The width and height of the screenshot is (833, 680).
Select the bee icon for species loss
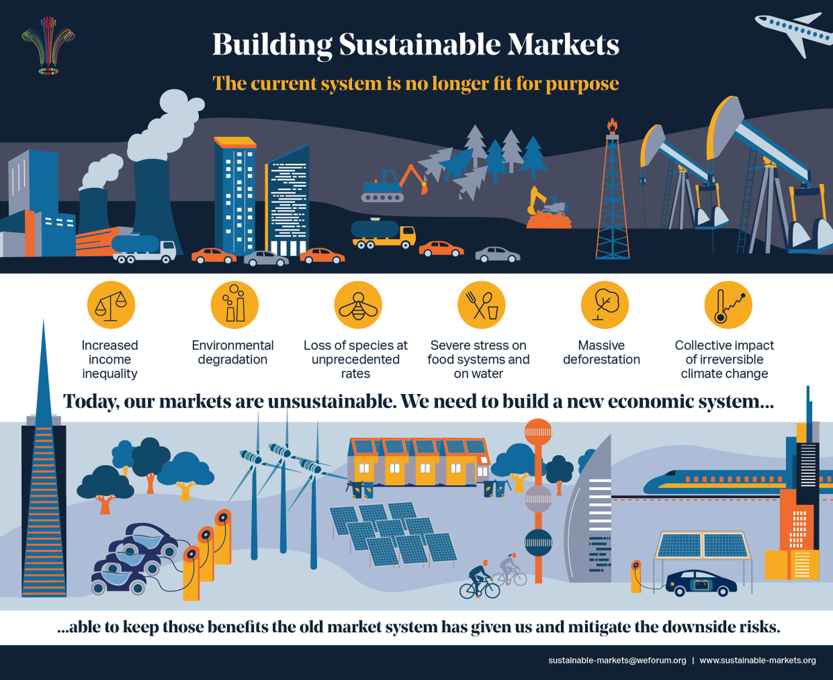click(x=357, y=305)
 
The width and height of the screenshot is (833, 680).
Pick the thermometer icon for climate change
click(x=728, y=305)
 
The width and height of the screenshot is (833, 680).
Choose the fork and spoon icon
click(x=481, y=305)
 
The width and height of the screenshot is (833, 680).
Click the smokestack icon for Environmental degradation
click(x=234, y=305)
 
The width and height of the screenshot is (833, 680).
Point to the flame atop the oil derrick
click(x=612, y=126)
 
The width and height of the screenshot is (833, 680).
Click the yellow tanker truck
click(x=382, y=234)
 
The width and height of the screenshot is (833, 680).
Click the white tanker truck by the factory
click(x=144, y=248)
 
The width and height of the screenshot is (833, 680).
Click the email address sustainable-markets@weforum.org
click(x=616, y=659)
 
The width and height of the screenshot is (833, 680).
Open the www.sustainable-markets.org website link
click(x=757, y=659)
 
